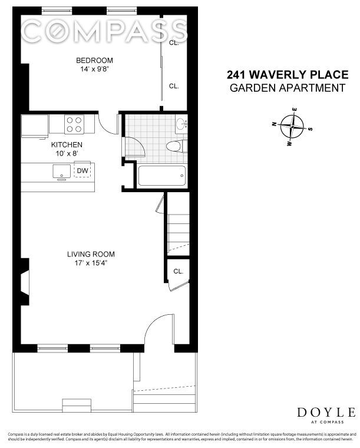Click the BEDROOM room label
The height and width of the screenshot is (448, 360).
pyautogui.click(x=94, y=60)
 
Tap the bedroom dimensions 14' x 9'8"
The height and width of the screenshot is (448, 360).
pyautogui.click(x=94, y=69)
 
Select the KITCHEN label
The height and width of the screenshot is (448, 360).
pyautogui.click(x=67, y=144)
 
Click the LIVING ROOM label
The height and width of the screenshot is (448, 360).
pyautogui.click(x=90, y=254)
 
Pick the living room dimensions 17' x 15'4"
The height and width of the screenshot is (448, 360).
pyautogui.click(x=90, y=263)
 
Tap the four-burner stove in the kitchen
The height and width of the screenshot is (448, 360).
pyautogui.click(x=74, y=124)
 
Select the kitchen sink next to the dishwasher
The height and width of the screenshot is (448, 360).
pyautogui.click(x=61, y=171)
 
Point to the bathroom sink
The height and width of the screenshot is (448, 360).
pyautogui.click(x=181, y=124)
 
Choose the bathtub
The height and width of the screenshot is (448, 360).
pyautogui.click(x=161, y=176)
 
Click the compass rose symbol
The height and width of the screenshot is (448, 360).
pyautogui.click(x=292, y=126)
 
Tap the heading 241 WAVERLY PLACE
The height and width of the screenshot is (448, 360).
pyautogui.click(x=287, y=75)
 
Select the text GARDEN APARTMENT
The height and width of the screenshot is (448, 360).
pyautogui.click(x=287, y=88)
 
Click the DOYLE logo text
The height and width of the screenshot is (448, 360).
pyautogui.click(x=326, y=412)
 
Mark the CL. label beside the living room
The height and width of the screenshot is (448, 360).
pyautogui.click(x=178, y=271)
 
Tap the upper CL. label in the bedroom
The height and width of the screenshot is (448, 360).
pyautogui.click(x=174, y=43)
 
